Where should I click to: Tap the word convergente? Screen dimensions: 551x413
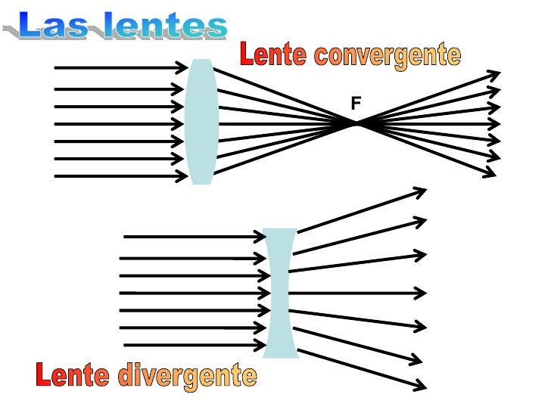pyautogui.click(x=387, y=54)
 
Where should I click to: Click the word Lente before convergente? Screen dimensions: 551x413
pyautogui.click(x=272, y=54)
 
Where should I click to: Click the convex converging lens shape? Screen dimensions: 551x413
pyautogui.click(x=201, y=121)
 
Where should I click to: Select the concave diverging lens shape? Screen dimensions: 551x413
pyautogui.click(x=280, y=293)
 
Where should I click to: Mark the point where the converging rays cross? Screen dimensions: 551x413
pyautogui.click(x=357, y=123)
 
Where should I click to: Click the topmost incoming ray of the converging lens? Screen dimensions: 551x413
pyautogui.click(x=121, y=67)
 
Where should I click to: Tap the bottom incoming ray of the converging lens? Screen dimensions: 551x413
pyautogui.click(x=121, y=176)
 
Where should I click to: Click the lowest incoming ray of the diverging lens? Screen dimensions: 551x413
pyautogui.click(x=189, y=345)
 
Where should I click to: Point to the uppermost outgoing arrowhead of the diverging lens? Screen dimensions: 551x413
pyautogui.click(x=421, y=191)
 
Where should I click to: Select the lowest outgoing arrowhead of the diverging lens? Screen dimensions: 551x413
pyautogui.click(x=420, y=386)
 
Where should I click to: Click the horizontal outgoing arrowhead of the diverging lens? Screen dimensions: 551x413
pyautogui.click(x=420, y=292)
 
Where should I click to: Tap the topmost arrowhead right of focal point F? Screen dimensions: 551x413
pyautogui.click(x=494, y=75)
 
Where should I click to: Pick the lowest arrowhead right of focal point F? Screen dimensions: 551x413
pyautogui.click(x=490, y=172)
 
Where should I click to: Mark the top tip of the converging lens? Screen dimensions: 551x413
pyautogui.click(x=201, y=61)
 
